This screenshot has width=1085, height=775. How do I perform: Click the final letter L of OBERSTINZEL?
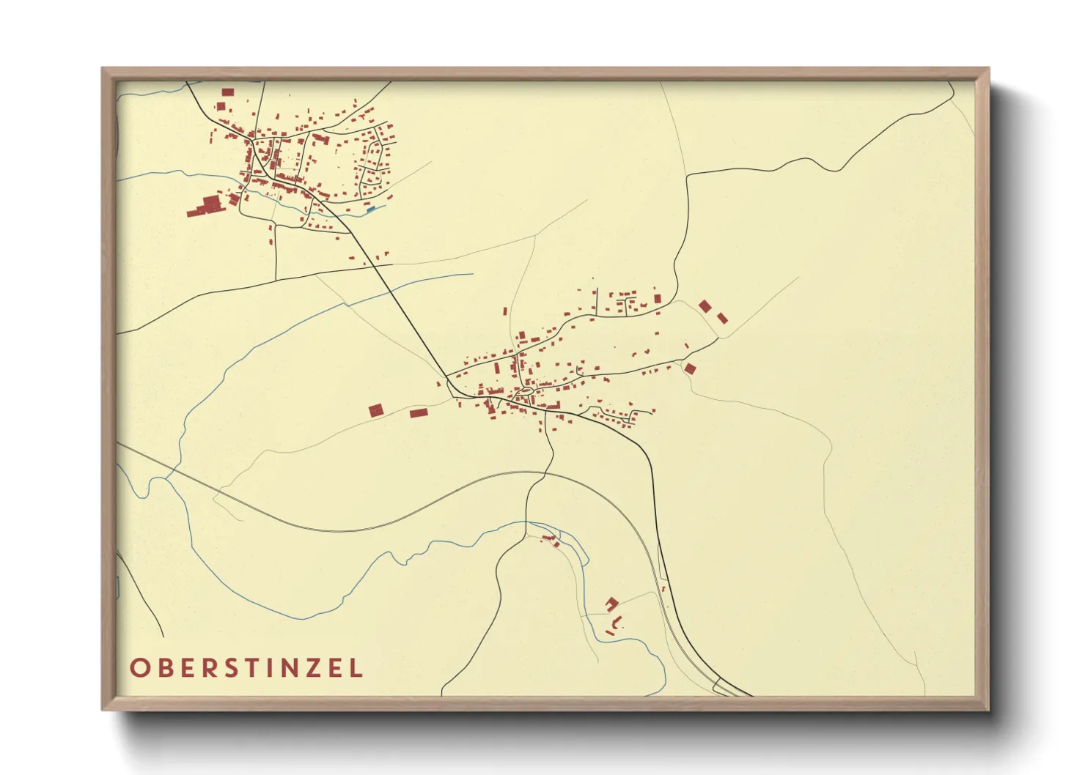(x=356, y=668)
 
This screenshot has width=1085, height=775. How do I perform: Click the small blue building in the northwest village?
(x=370, y=209)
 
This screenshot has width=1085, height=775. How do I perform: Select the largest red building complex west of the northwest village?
(x=207, y=205)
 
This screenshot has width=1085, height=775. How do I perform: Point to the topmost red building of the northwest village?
(x=227, y=92)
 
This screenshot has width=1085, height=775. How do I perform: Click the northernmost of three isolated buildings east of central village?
(x=705, y=306)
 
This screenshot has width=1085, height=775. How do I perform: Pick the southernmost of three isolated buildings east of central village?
(x=689, y=368)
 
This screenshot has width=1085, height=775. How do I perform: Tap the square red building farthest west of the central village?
(x=376, y=410)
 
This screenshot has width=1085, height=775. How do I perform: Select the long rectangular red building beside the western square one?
(x=418, y=413)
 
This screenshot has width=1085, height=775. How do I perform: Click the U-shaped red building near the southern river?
(x=612, y=603)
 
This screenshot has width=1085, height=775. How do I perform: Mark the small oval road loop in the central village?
(x=524, y=393)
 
